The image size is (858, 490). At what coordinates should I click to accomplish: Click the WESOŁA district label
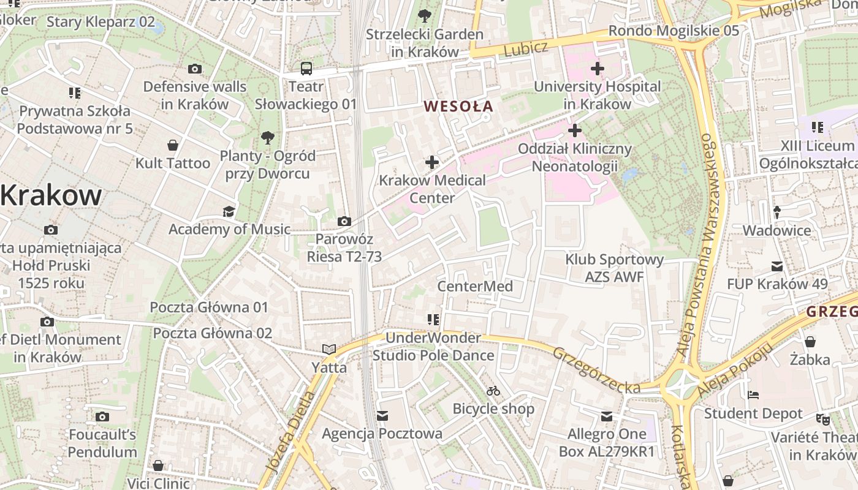(x=458, y=106)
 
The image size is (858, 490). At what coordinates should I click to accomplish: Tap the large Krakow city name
(x=51, y=195)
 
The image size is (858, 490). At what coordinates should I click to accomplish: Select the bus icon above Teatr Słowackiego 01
(x=306, y=69)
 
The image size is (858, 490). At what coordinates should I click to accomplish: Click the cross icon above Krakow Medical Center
(x=432, y=162)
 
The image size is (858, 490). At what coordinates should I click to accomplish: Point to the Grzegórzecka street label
(x=596, y=370)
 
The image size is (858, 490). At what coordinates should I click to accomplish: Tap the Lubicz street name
(x=526, y=50)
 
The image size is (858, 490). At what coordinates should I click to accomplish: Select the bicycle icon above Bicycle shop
(x=493, y=391)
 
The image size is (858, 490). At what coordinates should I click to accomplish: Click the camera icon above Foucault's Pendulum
(x=102, y=417)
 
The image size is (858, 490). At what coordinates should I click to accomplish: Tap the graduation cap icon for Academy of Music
(x=229, y=211)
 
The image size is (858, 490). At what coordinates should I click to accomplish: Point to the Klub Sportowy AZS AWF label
(x=614, y=268)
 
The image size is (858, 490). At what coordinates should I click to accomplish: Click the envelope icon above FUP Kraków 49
(x=777, y=266)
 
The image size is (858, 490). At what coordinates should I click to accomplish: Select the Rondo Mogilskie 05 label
(x=674, y=31)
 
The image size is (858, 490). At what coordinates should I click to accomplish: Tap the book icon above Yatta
(x=329, y=349)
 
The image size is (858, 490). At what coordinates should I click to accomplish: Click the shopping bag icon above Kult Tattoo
(x=173, y=145)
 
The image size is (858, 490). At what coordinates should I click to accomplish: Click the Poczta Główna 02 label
(x=212, y=333)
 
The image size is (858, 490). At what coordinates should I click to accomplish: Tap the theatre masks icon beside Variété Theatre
(x=822, y=420)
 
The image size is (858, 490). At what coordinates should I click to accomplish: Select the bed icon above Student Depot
(x=753, y=395)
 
